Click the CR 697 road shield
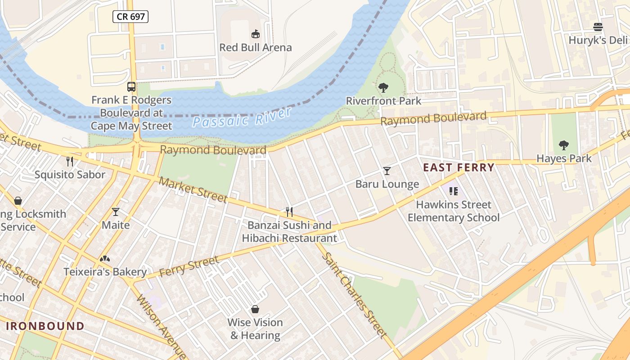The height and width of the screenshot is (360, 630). tap(130, 17)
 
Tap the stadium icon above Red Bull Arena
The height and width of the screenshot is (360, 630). tap(255, 34)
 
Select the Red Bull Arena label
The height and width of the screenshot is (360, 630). tap(255, 47)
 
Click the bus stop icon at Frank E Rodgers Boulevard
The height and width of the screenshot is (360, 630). tap(131, 87)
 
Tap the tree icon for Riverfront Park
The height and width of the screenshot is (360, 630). tap(383, 87)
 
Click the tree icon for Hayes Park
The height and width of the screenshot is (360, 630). tap(563, 145)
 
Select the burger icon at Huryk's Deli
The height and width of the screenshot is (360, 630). tap(598, 27)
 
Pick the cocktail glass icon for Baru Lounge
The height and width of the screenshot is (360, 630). tap(387, 171)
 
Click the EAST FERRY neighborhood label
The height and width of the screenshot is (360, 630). tap(459, 168)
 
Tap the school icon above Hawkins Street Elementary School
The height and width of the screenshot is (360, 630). tap(453, 191)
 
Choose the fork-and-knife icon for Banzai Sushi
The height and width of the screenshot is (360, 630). tap(289, 211)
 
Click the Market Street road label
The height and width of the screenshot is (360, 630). tap(193, 189)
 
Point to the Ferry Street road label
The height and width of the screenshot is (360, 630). tap(189, 266)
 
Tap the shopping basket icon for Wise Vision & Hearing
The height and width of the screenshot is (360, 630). tap(255, 309)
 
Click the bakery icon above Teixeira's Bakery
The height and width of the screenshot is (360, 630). tap(105, 259)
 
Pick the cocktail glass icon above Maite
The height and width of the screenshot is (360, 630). tap(116, 211)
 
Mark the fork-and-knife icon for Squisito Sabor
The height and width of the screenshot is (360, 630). tap(70, 161)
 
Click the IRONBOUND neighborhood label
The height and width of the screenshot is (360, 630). tap(45, 326)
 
